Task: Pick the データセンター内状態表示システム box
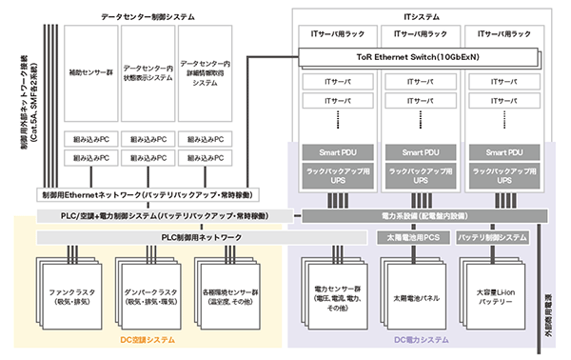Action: [x=148, y=70]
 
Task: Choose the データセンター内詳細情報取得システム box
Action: [x=205, y=70]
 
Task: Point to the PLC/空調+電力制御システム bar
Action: [x=162, y=216]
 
